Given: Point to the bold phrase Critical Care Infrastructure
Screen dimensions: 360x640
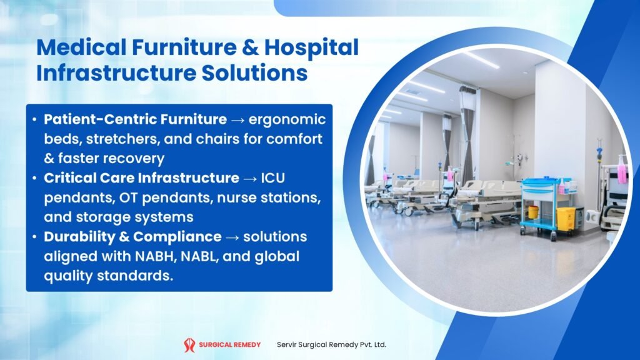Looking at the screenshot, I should coord(141,177).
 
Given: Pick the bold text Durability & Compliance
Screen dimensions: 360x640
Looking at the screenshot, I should coord(132,237).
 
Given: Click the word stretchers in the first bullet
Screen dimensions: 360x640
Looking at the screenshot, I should coord(110,138).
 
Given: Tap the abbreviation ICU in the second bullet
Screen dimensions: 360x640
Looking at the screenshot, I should coord(272,177).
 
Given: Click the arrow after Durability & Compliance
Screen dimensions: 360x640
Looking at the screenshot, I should coord(232,237).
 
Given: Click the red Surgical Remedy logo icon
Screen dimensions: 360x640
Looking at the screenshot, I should coord(189,344).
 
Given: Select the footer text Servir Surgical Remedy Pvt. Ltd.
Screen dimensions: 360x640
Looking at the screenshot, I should coord(331,344).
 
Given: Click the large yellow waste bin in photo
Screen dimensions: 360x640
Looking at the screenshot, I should coord(566,219).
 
